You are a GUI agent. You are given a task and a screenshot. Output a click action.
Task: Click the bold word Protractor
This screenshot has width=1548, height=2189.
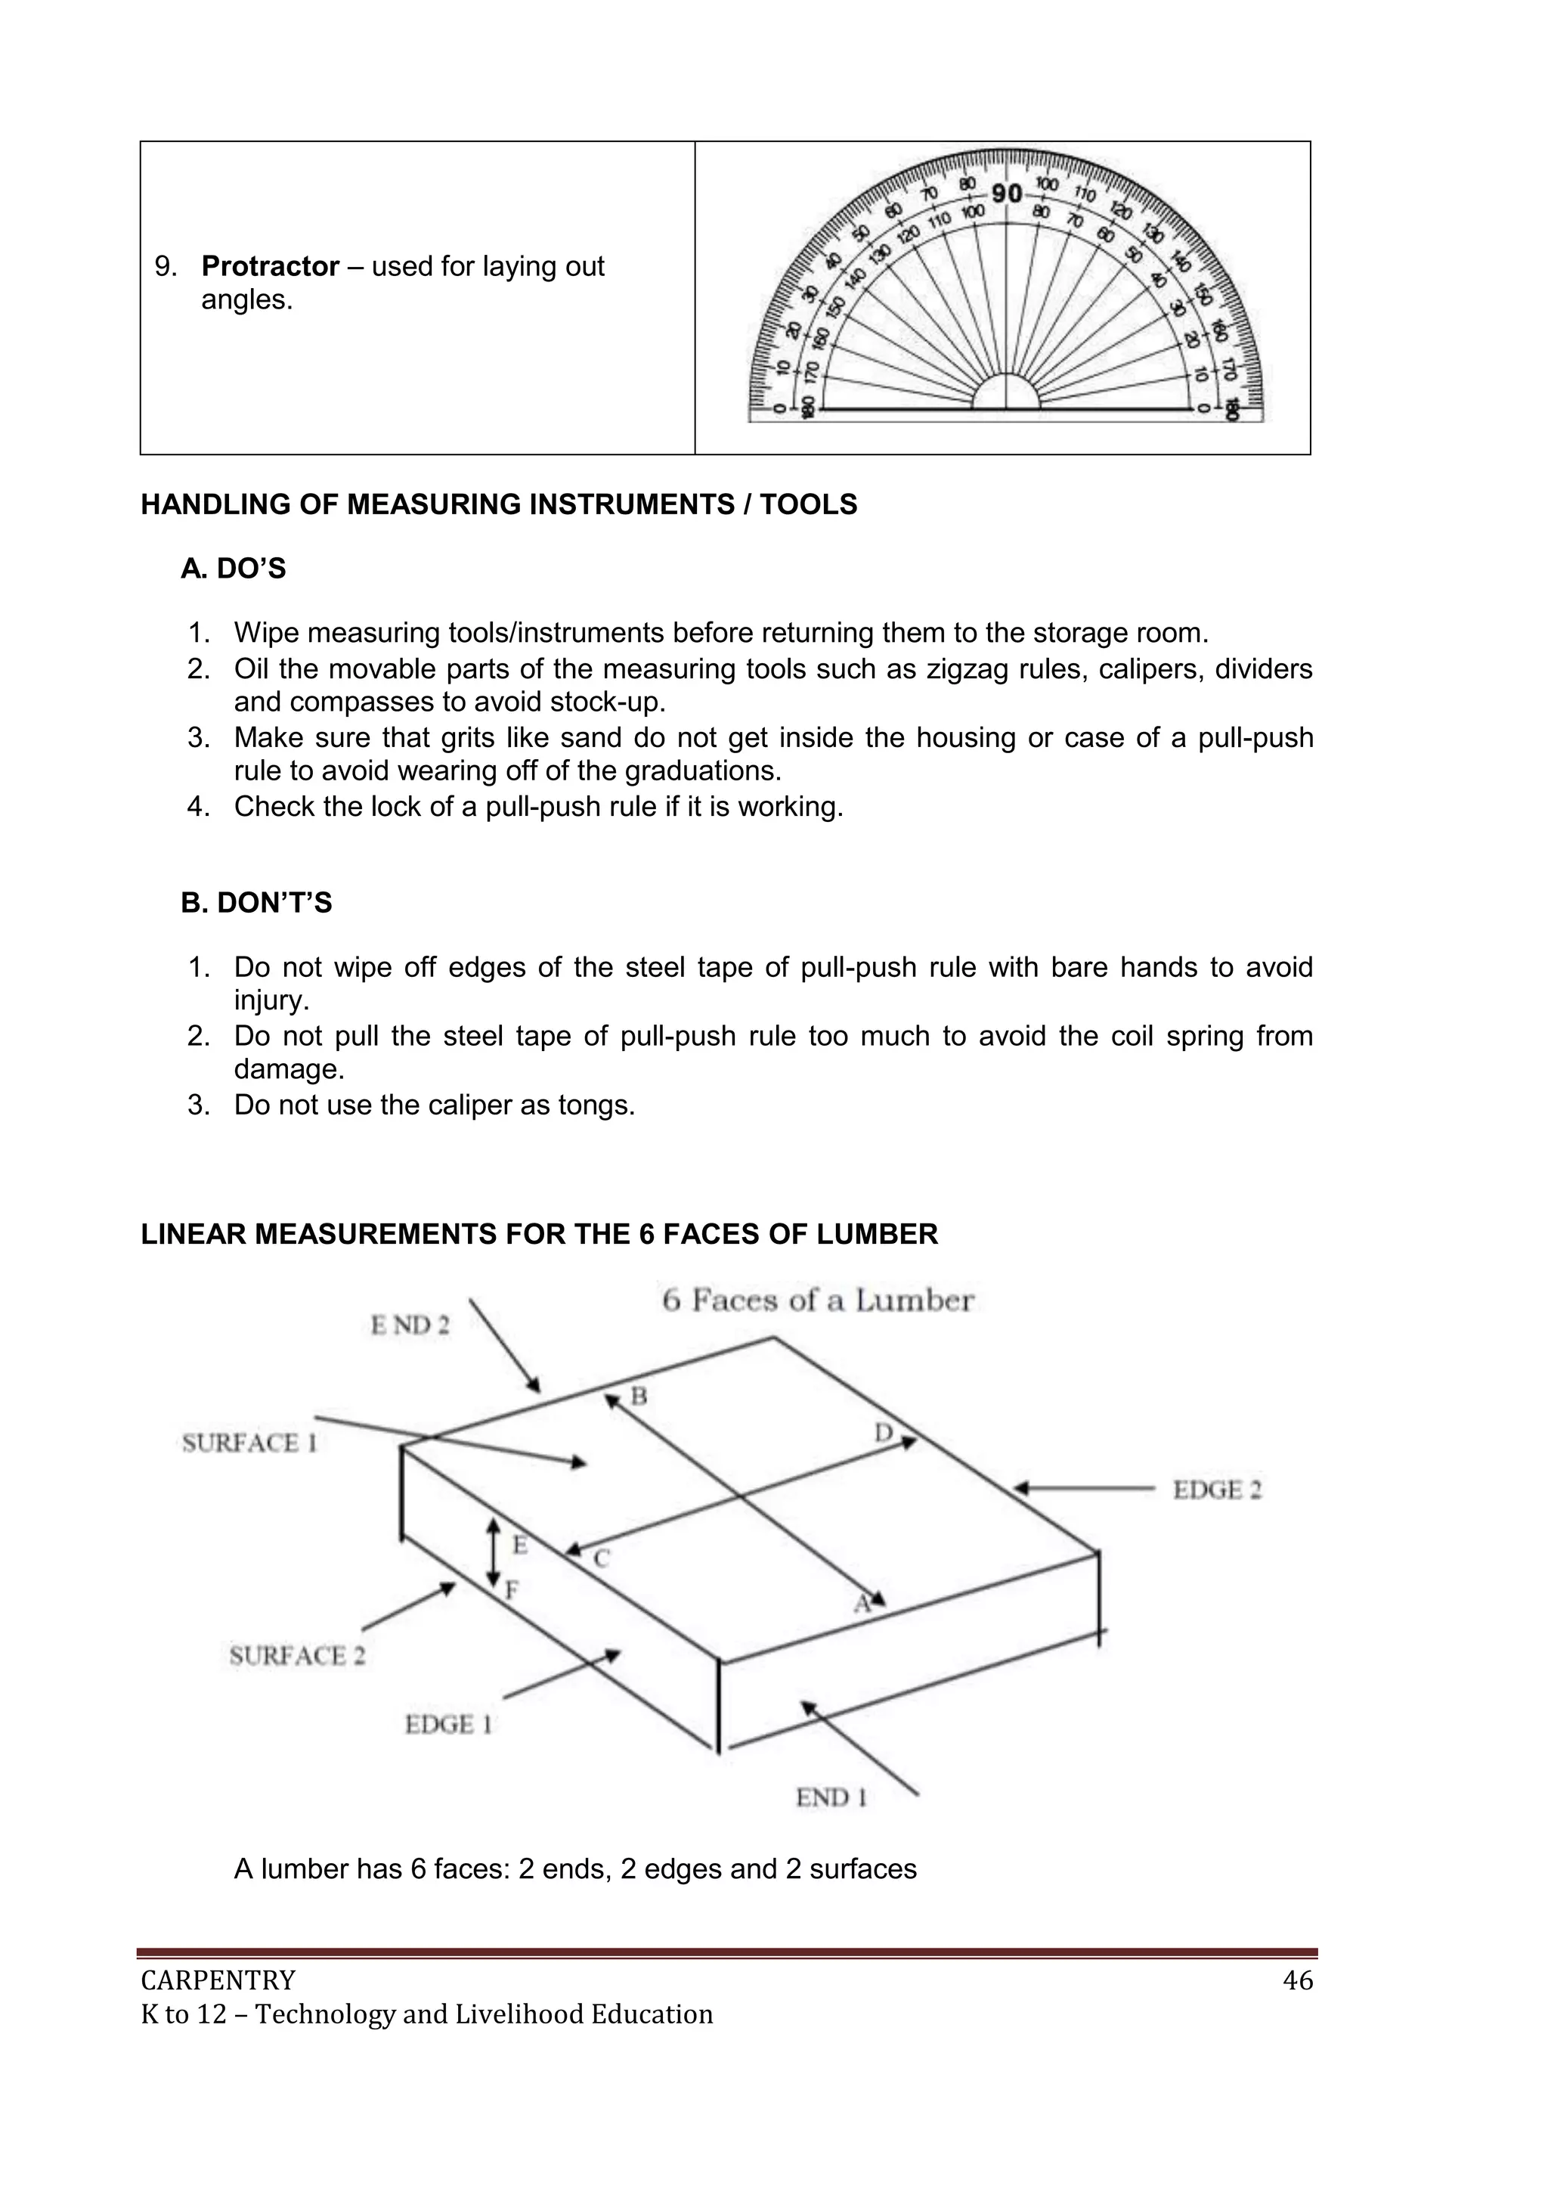point(270,266)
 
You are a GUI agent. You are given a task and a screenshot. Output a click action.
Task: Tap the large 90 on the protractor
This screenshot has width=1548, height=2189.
point(1007,194)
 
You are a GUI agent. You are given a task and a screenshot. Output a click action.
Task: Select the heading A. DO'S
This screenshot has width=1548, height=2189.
point(233,569)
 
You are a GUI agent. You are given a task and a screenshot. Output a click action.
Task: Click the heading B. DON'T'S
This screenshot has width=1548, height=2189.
point(255,902)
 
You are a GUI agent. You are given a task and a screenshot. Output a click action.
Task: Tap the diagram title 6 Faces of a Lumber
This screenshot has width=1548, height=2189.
point(818,1301)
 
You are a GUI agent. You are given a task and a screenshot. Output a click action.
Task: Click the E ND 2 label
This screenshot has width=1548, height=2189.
point(410,1325)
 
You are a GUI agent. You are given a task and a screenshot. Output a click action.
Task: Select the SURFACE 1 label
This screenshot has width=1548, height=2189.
point(249,1443)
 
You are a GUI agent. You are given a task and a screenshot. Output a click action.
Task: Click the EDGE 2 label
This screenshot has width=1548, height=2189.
point(1217,1490)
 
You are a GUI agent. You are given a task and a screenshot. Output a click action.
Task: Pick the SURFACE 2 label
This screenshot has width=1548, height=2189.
point(296,1655)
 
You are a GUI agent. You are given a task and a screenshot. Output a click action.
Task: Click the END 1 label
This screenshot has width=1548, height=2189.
point(831,1797)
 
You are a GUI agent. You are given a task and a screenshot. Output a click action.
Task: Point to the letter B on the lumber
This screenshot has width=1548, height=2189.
point(639,1397)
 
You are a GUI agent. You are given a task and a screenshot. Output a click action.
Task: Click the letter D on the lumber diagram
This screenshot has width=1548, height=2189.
point(884,1432)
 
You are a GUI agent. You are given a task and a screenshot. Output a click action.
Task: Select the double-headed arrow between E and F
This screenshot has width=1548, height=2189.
point(493,1552)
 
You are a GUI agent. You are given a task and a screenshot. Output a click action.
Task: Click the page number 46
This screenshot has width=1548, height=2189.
point(1297,1981)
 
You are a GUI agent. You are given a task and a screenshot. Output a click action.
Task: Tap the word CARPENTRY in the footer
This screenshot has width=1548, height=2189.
point(218,1981)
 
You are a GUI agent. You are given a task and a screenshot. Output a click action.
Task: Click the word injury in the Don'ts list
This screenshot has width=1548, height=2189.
point(271,1001)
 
